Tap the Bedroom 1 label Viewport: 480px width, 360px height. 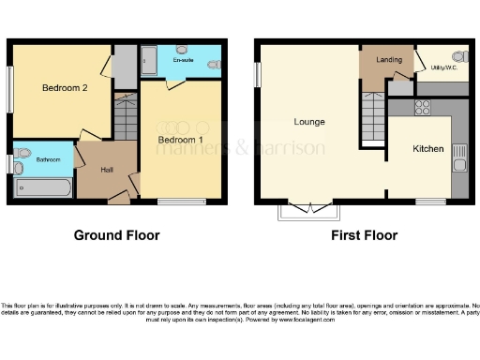[x=181, y=140]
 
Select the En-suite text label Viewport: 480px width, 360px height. [x=184, y=61]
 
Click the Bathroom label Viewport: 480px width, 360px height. [x=49, y=160]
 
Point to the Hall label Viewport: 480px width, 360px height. [x=108, y=170]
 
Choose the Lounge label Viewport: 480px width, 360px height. [x=309, y=123]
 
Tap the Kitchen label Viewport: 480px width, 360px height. [x=428, y=149]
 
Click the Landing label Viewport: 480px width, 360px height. [x=389, y=61]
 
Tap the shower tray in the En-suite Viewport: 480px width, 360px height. [x=150, y=60]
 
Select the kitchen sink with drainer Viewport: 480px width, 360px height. [x=458, y=157]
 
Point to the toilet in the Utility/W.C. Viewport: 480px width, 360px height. [x=458, y=56]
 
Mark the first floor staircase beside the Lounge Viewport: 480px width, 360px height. [x=374, y=118]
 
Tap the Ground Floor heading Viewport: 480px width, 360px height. [x=116, y=235]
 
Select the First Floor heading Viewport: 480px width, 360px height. [x=364, y=235]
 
